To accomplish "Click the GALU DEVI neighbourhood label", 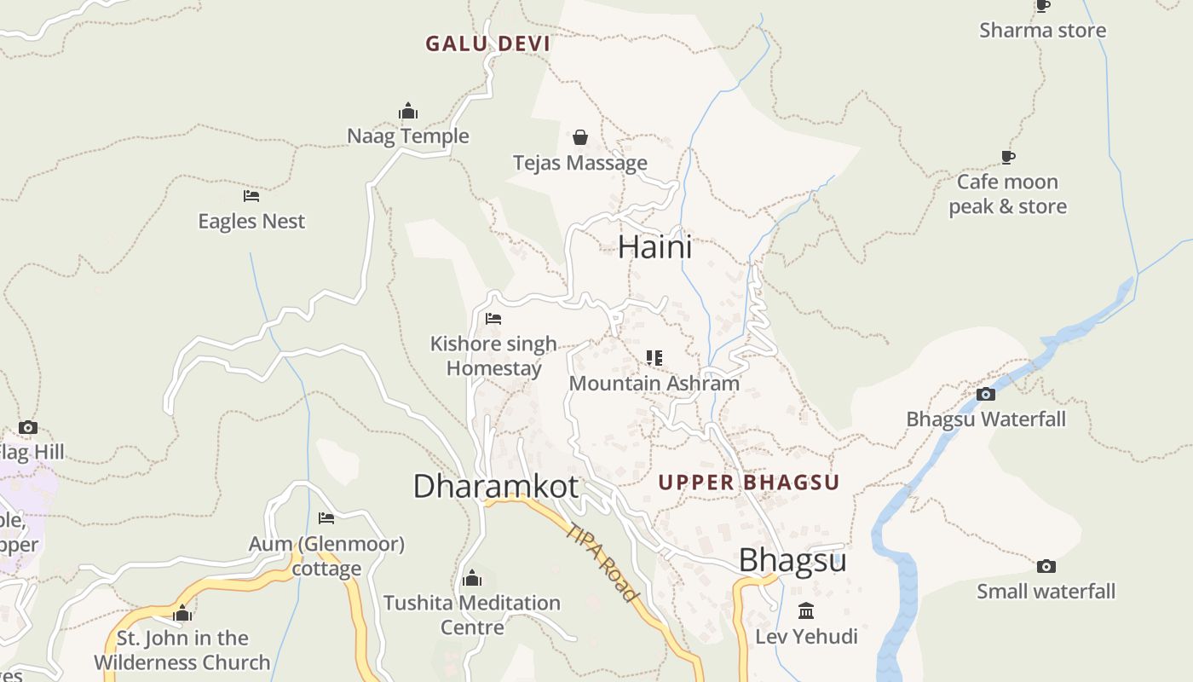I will (487, 43).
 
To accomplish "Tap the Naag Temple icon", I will (408, 112).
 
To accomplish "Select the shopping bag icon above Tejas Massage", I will (580, 137).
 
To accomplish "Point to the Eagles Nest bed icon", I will (251, 196).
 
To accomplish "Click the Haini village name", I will (654, 247).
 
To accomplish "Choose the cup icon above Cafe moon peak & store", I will (1008, 158).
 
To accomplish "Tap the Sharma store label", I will (1042, 31).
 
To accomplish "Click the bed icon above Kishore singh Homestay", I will (493, 319).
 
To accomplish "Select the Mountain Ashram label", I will (654, 384).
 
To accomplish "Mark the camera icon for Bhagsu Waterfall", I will (986, 394).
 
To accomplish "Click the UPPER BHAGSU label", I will (748, 483).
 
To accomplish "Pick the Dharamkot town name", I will (496, 487).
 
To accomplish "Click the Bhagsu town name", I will (792, 561).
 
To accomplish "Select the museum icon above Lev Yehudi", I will (806, 611).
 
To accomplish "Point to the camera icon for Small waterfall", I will (1046, 566).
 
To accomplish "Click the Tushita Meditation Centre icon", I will (472, 579).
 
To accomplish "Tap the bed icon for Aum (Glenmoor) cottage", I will (326, 518).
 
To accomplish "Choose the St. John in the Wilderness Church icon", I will (182, 614).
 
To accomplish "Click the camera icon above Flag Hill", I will (28, 427).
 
